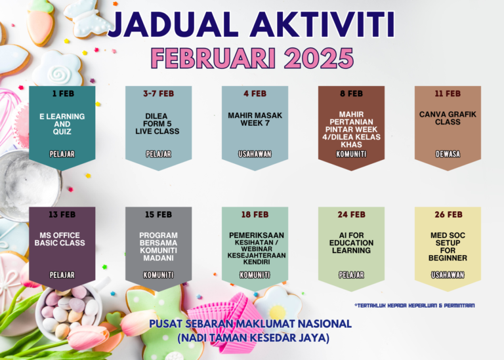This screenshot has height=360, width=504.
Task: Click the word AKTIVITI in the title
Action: pos(322,25)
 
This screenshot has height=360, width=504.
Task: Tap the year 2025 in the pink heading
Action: pos(318,58)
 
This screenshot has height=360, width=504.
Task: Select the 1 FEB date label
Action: pos(63,94)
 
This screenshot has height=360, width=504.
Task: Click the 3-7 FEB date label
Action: pos(158,94)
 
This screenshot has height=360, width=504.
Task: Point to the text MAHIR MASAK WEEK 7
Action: pos(255,119)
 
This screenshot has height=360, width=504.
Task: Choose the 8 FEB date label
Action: pos(351,94)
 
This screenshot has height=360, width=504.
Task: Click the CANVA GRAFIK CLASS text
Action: pos(448,118)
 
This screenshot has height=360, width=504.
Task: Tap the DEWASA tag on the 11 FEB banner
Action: pos(448,154)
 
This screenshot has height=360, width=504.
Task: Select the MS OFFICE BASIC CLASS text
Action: pos(60,239)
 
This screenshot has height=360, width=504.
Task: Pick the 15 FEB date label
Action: pos(158,214)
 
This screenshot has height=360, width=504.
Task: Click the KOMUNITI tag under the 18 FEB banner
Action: pos(255,275)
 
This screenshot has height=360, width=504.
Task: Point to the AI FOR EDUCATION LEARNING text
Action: pos(351,243)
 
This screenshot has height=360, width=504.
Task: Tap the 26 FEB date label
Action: pos(448,214)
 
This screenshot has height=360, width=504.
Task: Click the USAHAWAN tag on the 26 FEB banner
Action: pos(448,275)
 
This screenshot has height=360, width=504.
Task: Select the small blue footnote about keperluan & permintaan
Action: pos(414,306)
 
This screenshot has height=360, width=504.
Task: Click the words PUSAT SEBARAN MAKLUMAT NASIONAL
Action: pos(251,324)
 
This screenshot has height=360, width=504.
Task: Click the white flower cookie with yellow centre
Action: pos(278,309)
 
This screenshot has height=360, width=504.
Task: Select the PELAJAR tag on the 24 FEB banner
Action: pos(351,275)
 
